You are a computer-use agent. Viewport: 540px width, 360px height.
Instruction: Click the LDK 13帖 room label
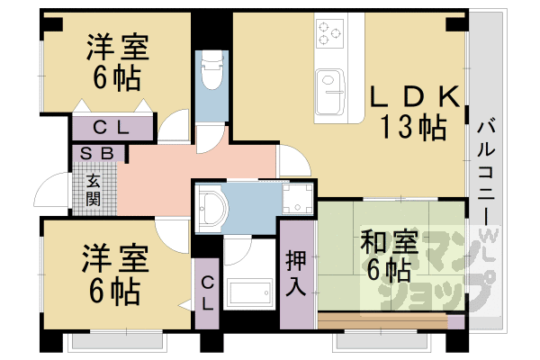415,112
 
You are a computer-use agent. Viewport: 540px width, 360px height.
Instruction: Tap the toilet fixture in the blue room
211,70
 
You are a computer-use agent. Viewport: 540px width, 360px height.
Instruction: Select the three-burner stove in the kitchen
329,33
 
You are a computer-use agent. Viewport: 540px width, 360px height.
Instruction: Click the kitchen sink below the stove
330,92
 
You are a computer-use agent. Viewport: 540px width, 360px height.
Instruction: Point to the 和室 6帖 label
389,256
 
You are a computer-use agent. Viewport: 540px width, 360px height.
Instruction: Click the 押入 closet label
296,273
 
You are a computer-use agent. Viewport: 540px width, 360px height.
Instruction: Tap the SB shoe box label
97,153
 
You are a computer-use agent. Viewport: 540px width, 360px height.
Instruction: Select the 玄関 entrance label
94,190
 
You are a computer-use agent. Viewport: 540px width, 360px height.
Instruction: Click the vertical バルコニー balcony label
486,172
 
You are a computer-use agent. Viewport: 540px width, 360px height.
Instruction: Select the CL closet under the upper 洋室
112,128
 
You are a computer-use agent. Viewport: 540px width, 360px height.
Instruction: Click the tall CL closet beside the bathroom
207,293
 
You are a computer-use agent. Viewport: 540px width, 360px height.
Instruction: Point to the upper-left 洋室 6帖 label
117,62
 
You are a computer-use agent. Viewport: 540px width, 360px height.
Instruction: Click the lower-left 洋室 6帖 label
115,274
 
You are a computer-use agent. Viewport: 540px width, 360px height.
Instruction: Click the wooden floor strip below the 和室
382,321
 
